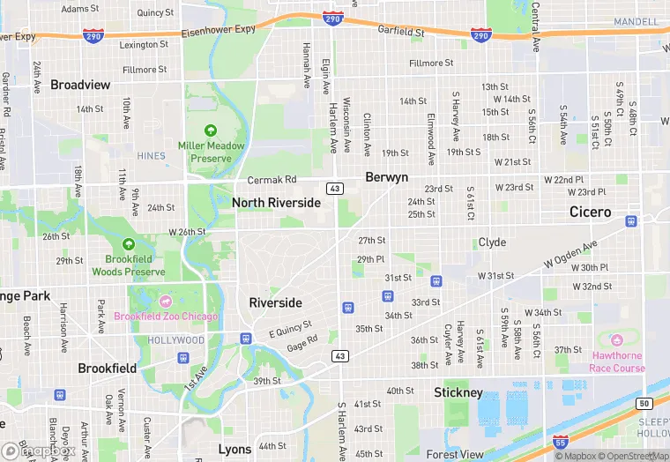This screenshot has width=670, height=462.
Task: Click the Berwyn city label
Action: coord(386,177)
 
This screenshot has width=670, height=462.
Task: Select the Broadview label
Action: coord(80,85)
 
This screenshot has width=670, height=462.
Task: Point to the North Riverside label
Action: coord(276,203)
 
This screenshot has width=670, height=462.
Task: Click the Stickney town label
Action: coord(458,392)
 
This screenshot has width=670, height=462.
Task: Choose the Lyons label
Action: coord(234,450)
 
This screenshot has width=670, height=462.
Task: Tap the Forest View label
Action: coord(455,455)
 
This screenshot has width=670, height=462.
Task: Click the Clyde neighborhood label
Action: coord(492,242)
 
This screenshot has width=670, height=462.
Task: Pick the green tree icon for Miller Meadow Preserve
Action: coord(210,131)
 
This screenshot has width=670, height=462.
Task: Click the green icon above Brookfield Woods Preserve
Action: coord(129,244)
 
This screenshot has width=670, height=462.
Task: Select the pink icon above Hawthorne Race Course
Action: coord(616,339)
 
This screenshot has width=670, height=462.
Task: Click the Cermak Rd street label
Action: coord(272,180)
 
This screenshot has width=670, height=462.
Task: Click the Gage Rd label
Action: coord(301,342)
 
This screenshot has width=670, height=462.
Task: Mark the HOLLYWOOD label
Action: coord(175,340)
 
